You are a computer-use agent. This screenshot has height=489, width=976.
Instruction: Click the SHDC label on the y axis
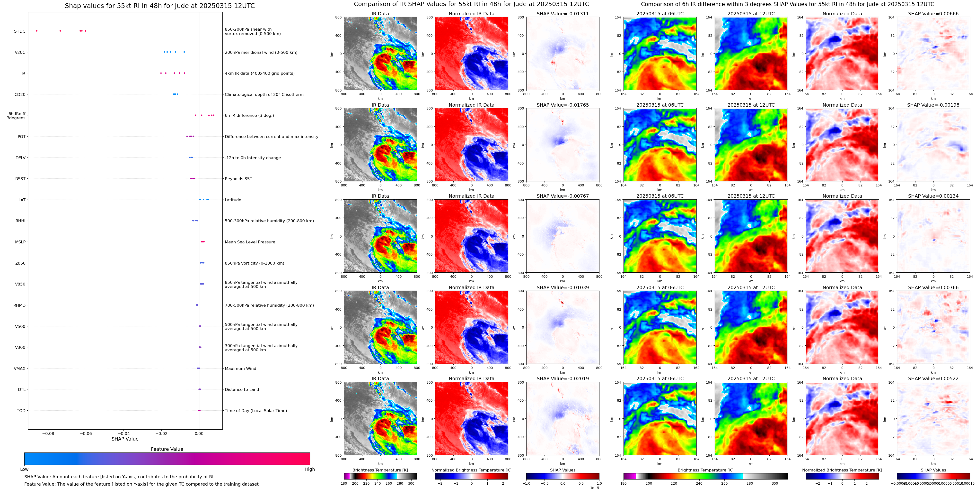tap(20, 31)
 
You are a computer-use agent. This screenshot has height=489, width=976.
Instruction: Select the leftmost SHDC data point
tap(37, 31)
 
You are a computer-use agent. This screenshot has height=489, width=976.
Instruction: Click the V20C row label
tap(20, 52)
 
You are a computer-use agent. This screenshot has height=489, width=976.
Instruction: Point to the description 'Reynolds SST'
tap(238, 179)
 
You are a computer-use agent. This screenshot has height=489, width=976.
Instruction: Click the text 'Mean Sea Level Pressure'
tap(250, 242)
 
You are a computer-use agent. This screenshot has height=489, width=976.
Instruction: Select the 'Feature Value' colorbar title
tap(167, 449)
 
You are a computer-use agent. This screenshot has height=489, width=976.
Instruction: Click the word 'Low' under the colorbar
tap(24, 469)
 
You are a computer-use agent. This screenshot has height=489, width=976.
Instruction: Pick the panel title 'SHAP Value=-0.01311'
tap(563, 14)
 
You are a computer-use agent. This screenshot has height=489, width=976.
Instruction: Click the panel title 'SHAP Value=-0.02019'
tap(563, 378)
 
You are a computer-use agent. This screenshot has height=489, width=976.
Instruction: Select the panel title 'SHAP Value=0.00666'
tap(933, 14)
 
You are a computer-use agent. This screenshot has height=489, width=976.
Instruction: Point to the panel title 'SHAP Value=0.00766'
tap(933, 287)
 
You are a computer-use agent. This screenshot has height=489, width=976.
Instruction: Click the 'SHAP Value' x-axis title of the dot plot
tap(125, 439)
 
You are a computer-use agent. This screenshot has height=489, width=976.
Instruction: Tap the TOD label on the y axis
tap(21, 410)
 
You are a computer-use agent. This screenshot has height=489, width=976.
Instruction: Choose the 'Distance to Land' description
tap(242, 390)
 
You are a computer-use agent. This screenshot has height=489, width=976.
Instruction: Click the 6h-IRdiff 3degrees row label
tap(17, 116)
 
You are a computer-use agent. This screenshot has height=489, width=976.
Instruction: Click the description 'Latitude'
tap(233, 200)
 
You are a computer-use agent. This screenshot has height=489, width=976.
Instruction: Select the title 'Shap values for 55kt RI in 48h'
tap(159, 6)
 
